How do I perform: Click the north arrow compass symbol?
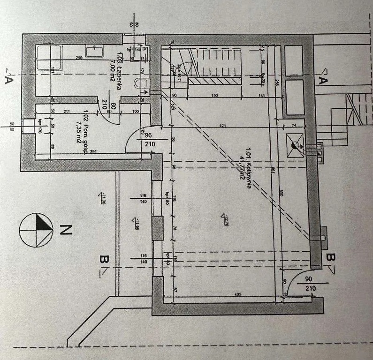36,230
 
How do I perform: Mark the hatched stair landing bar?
215,81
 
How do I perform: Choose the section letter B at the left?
104,260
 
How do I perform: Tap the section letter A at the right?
323,80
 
